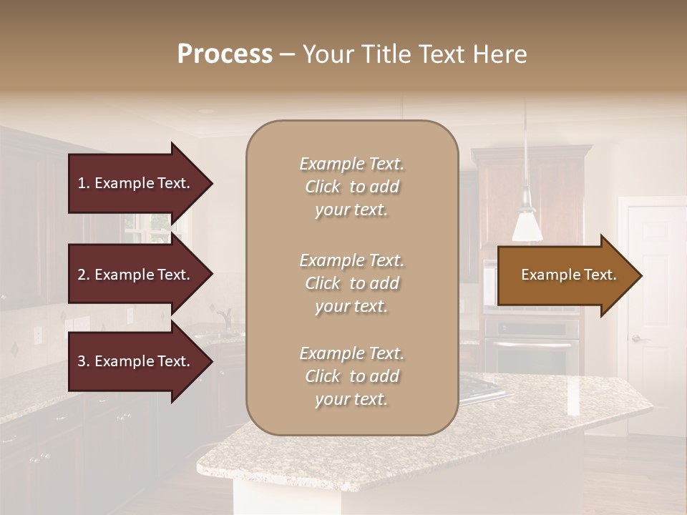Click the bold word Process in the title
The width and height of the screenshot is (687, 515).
tap(225, 54)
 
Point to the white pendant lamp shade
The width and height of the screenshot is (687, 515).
tap(527, 226)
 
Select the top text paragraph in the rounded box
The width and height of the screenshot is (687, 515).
tap(351, 187)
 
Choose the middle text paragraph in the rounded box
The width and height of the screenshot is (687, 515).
tap(351, 283)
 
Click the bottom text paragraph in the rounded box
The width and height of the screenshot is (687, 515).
tap(351, 376)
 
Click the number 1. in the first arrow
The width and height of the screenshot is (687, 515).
tap(84, 183)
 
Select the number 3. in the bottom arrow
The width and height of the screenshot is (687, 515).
tap(84, 361)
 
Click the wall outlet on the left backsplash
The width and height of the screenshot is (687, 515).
tap(37, 334)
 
